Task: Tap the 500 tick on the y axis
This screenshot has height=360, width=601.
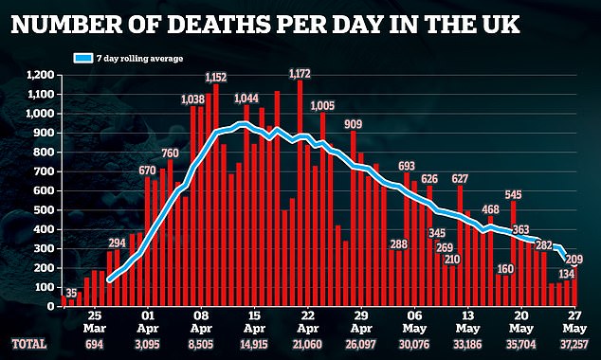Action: click(44, 209)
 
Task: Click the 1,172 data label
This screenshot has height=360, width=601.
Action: click(300, 72)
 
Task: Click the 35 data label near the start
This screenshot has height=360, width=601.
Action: click(71, 292)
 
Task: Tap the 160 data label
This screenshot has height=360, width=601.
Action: click(505, 268)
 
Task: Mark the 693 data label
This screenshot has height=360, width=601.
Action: click(409, 166)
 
